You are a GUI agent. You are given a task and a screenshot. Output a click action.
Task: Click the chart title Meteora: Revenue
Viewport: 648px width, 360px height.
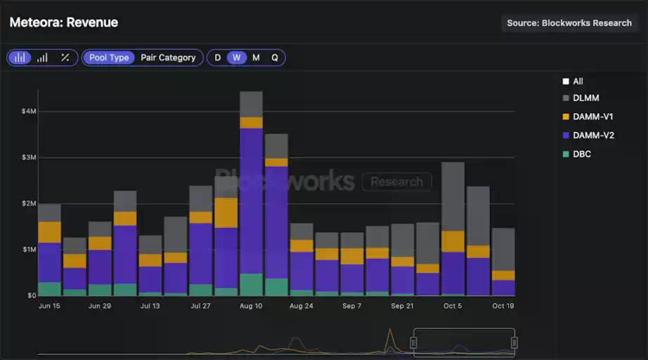coord(64,22)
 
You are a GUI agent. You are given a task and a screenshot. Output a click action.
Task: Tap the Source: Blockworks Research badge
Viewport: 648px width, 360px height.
coord(569,23)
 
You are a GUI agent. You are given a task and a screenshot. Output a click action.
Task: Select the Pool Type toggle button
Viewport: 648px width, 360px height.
coord(109,58)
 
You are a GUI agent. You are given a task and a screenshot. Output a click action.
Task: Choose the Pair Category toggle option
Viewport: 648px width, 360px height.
coord(168,58)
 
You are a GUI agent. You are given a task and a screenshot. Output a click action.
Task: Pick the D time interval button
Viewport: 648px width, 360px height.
coord(218,58)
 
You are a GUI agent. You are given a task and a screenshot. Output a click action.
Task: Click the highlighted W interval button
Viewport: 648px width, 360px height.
coord(237,58)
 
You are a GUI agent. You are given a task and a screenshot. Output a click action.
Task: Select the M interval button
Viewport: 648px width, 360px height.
coord(256,58)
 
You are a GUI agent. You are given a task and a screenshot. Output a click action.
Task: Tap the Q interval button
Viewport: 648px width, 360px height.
coord(275,58)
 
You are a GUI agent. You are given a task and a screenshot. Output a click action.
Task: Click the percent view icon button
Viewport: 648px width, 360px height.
coord(65,58)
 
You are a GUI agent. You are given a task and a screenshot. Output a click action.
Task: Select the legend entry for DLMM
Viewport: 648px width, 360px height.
coord(585,98)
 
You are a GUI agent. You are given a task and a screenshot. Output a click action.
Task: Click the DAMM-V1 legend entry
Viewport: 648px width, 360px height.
coord(592,117)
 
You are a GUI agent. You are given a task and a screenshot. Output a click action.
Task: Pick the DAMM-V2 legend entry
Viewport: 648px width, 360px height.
coord(592,135)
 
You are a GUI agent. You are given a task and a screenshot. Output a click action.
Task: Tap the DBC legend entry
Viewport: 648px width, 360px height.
coord(581,153)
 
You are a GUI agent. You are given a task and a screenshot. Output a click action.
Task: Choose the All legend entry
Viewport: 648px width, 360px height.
coord(578,82)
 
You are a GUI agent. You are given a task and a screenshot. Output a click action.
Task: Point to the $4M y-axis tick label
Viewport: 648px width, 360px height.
coord(29,111)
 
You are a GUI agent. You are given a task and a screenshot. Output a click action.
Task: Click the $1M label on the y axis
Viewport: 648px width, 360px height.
coord(29,249)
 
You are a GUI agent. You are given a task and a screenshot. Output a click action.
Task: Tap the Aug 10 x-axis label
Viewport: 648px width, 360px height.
coord(251,306)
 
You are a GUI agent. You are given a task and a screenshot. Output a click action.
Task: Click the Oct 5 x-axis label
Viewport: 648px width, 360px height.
coord(453,306)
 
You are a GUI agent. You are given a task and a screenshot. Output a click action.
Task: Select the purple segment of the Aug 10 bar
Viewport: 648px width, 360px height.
coord(251,200)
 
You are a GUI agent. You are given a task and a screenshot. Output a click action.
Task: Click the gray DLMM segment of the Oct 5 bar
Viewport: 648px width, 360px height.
coord(453,197)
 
